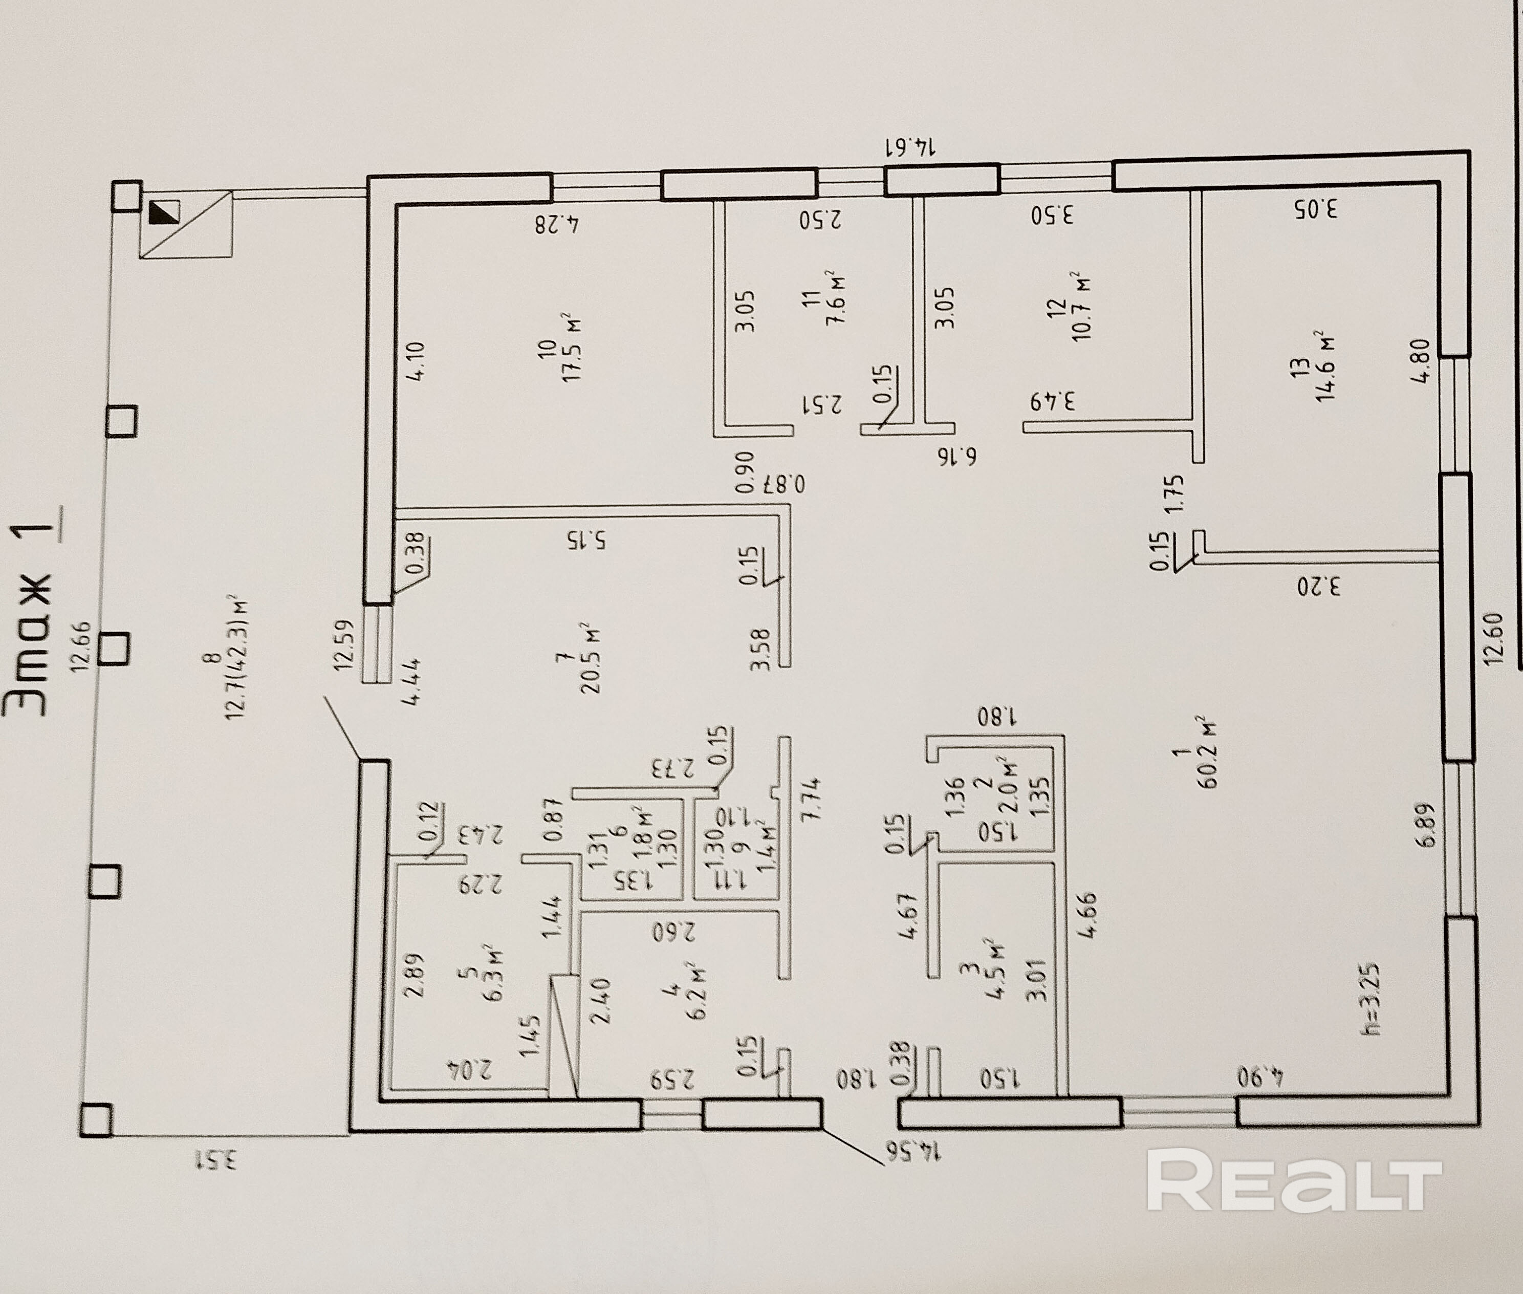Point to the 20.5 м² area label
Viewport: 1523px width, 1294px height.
(590, 658)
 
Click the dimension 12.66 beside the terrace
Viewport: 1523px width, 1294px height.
(79, 645)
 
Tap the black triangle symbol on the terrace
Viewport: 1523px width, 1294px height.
(164, 213)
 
